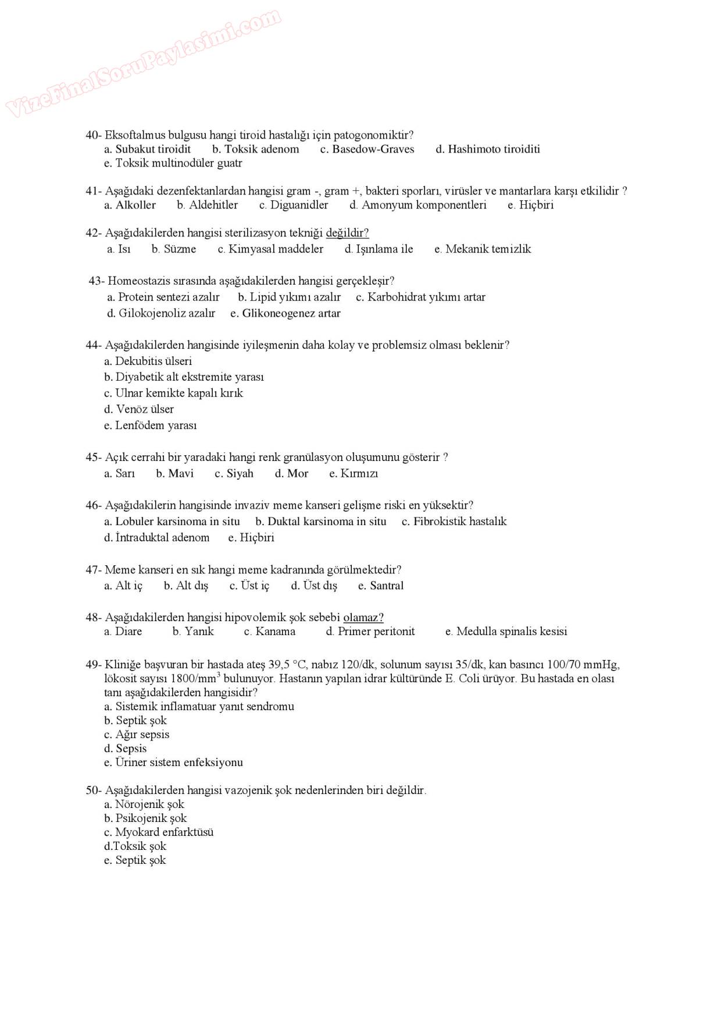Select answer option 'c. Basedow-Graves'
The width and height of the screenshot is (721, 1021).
click(x=367, y=149)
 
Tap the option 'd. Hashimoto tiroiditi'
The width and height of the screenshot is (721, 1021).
click(x=487, y=149)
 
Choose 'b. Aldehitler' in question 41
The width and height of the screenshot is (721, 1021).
click(x=207, y=205)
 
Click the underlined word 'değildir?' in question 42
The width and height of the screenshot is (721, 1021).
click(x=347, y=233)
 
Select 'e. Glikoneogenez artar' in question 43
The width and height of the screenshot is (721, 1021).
click(x=285, y=313)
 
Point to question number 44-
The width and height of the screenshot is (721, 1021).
click(x=94, y=345)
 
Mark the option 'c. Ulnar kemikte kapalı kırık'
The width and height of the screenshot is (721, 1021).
click(x=173, y=393)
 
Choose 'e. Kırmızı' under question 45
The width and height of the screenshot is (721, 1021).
click(x=353, y=473)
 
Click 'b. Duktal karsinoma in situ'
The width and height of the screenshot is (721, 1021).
click(x=320, y=522)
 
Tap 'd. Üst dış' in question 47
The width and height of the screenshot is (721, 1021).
click(x=313, y=586)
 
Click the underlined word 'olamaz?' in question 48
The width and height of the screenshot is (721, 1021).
click(x=363, y=618)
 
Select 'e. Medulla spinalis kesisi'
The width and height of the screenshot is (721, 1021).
click(x=506, y=632)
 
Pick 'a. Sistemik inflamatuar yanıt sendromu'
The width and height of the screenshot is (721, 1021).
click(x=199, y=707)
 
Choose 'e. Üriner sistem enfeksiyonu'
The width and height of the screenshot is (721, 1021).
click(x=173, y=763)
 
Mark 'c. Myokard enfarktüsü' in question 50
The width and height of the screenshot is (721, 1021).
click(x=159, y=832)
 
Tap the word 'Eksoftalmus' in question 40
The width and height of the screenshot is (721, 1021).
click(x=135, y=135)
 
